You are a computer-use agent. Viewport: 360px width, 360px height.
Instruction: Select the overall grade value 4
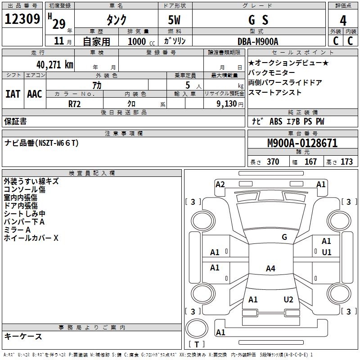(343, 20)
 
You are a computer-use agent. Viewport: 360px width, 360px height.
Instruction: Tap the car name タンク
(116, 20)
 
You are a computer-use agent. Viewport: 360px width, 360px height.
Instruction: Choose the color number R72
(74, 103)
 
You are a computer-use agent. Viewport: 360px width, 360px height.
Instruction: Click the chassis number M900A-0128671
(302, 144)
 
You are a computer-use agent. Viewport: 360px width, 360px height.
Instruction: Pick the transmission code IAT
(13, 94)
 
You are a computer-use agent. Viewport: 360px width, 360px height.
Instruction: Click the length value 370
(273, 162)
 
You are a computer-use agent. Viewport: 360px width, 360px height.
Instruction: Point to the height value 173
(346, 162)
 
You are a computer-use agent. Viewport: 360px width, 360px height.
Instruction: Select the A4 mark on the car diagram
(270, 269)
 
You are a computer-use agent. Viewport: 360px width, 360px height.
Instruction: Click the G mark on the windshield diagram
(284, 237)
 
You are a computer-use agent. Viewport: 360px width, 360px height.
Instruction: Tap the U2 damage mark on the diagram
(288, 300)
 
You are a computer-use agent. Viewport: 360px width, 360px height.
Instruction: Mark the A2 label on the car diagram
(220, 184)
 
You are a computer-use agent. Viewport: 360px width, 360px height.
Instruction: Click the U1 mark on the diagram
(326, 252)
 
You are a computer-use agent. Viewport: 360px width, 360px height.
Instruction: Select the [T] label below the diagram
(197, 345)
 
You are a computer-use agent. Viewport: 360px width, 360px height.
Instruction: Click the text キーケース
(23, 336)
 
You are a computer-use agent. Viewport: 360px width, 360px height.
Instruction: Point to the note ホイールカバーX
(31, 238)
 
